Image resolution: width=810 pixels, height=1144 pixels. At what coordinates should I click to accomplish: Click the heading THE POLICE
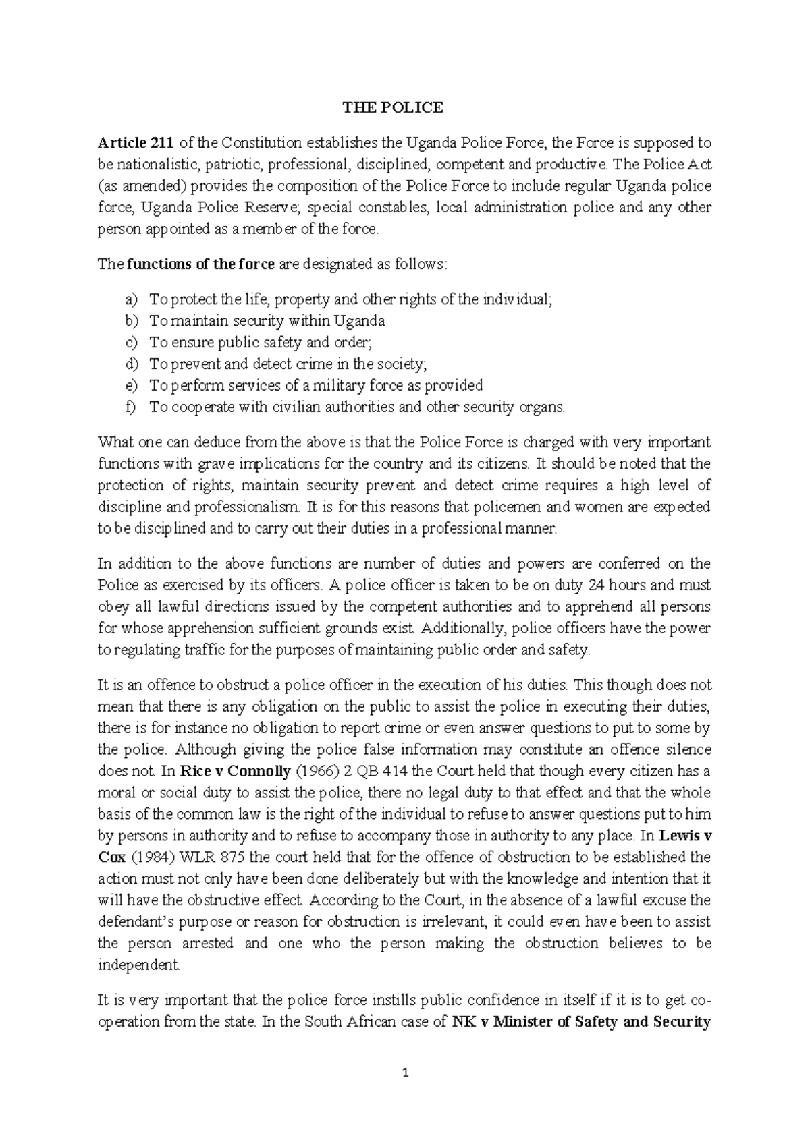(x=392, y=108)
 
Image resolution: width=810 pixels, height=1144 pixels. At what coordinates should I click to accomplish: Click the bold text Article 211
(x=136, y=143)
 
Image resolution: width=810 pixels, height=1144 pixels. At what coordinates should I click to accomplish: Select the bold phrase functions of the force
(x=200, y=264)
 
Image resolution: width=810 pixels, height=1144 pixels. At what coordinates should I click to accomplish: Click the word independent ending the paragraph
(x=139, y=965)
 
